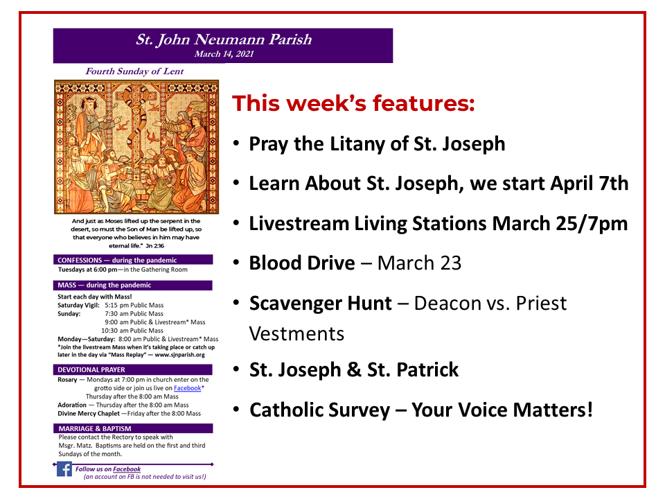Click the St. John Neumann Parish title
223,40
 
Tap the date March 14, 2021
223,54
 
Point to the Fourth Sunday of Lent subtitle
132,71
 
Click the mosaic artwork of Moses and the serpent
136,146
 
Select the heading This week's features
353,103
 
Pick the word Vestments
296,333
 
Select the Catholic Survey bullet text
420,410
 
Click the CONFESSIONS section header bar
133,260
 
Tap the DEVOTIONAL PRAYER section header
133,369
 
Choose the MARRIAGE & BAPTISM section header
133,428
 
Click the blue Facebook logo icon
64,470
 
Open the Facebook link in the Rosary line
187,388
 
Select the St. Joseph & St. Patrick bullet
354,369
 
